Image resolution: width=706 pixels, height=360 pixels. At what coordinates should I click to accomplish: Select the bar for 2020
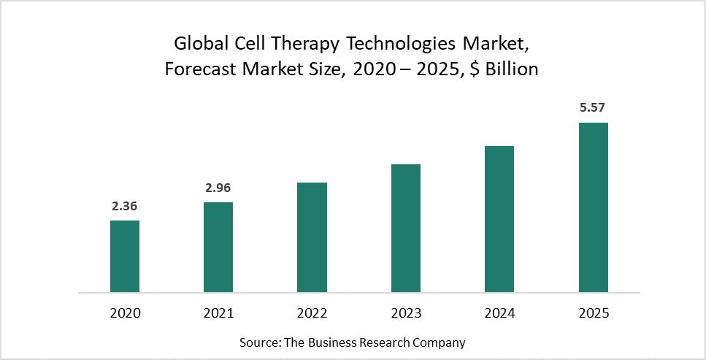(125, 256)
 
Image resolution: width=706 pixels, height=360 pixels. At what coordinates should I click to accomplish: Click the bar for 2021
(218, 247)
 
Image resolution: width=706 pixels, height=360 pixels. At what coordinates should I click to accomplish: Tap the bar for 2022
(312, 237)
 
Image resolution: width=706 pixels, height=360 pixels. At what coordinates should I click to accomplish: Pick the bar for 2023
(406, 228)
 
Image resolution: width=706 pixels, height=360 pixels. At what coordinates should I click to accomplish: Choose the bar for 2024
(499, 219)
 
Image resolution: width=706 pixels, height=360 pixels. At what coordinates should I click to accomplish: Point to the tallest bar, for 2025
(593, 207)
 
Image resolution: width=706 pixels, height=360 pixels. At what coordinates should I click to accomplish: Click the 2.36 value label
(125, 207)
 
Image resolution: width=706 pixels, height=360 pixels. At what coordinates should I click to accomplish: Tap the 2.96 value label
(218, 188)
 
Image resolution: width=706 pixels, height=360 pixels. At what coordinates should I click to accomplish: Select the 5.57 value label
(593, 108)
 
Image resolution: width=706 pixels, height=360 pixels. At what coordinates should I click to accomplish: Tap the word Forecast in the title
(200, 69)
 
